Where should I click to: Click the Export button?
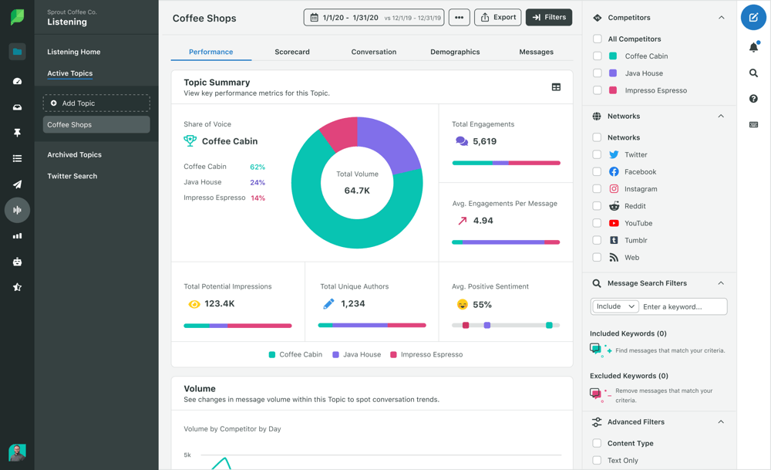(497, 17)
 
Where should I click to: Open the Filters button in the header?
(549, 17)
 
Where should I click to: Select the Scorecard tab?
(292, 52)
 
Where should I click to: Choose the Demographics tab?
(455, 52)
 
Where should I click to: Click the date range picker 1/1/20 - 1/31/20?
(374, 17)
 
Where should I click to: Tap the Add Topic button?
(96, 103)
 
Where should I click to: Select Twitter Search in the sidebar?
(72, 176)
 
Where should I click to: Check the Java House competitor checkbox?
(598, 73)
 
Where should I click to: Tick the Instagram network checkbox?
(597, 189)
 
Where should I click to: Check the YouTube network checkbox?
(597, 223)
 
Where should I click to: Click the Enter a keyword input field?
(683, 306)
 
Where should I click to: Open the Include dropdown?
(615, 306)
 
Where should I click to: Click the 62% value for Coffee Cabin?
(258, 167)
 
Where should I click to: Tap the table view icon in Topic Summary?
(556, 87)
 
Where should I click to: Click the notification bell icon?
(753, 48)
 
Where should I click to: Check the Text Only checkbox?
(597, 461)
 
